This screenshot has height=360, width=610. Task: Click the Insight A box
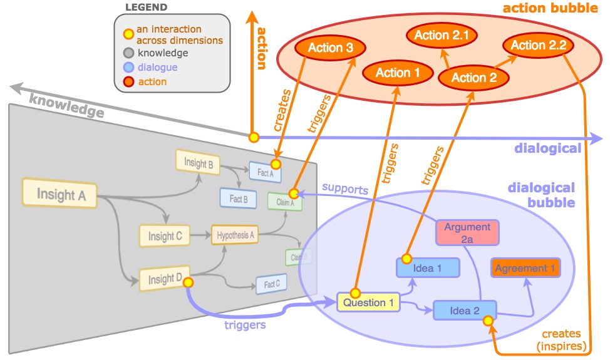61,194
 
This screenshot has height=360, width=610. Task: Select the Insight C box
165,236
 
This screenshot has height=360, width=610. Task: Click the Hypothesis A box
235,235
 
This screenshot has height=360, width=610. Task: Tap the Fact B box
238,198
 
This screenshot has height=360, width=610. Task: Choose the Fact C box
271,284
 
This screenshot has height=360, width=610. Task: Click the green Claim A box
284,202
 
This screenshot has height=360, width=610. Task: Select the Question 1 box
368,303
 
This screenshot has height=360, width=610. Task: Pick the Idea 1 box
428,268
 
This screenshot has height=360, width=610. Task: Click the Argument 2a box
467,232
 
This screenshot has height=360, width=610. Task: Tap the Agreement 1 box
525,268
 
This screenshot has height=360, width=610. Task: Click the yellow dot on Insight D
188,282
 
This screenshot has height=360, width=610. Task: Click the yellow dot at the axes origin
254,137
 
